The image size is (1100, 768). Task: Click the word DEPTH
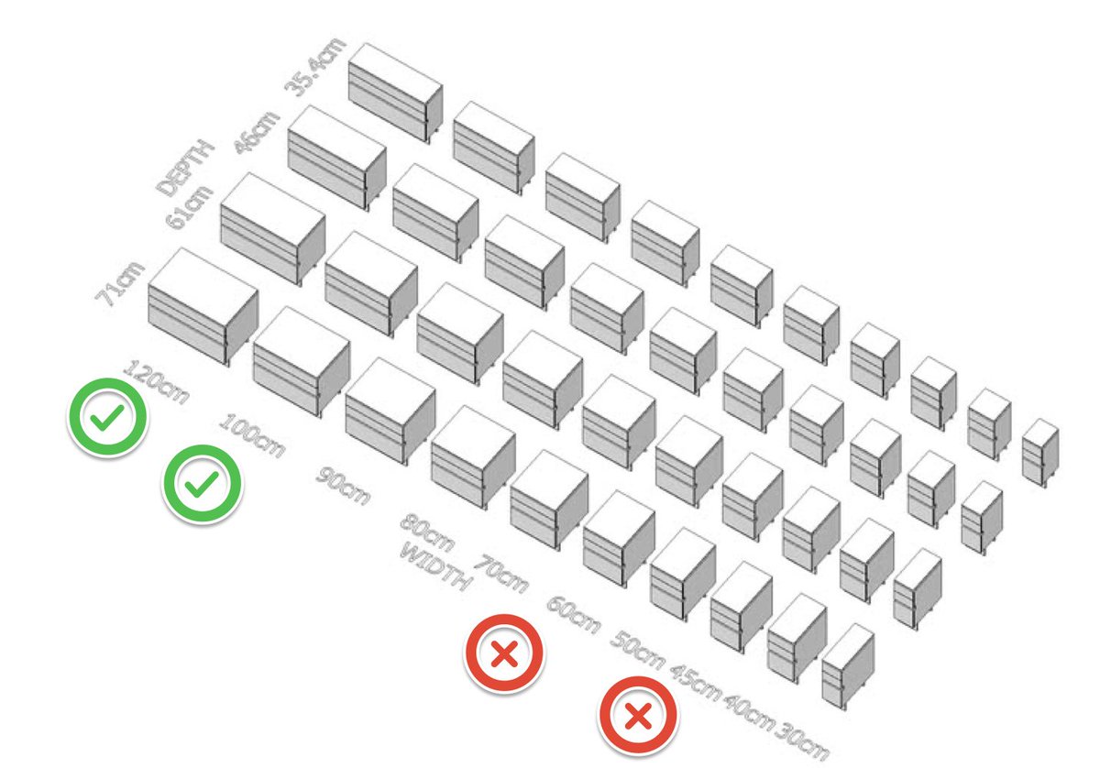(184, 167)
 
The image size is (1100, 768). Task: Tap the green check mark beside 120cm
(106, 418)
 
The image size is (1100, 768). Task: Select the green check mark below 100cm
(202, 484)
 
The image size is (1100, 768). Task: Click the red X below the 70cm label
(503, 653)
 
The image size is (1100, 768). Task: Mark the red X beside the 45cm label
(638, 715)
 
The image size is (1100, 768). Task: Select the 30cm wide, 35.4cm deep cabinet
(1040, 450)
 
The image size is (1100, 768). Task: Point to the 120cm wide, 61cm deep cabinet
(273, 228)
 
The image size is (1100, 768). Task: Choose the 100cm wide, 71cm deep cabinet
(302, 361)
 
